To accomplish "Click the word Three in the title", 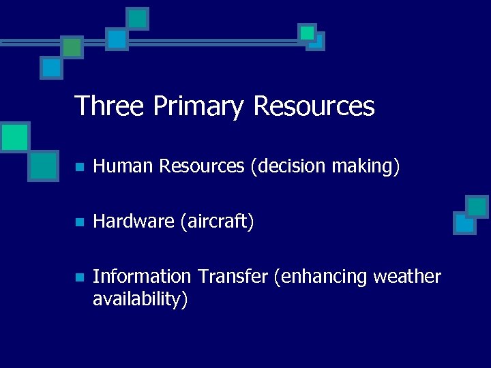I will tap(110, 106).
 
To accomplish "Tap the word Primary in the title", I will tap(198, 106).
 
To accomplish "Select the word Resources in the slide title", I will tap(314, 106).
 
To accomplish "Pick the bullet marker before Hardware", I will tap(79, 222).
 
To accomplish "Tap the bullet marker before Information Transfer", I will tap(79, 277).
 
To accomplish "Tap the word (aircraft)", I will tap(216, 221).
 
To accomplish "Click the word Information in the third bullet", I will tap(142, 277).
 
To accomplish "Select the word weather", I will tap(408, 277).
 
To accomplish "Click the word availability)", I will tap(140, 299).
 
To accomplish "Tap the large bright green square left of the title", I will tap(14, 137).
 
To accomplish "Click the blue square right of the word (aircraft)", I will tap(464, 222).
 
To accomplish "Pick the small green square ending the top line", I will tap(308, 32).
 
